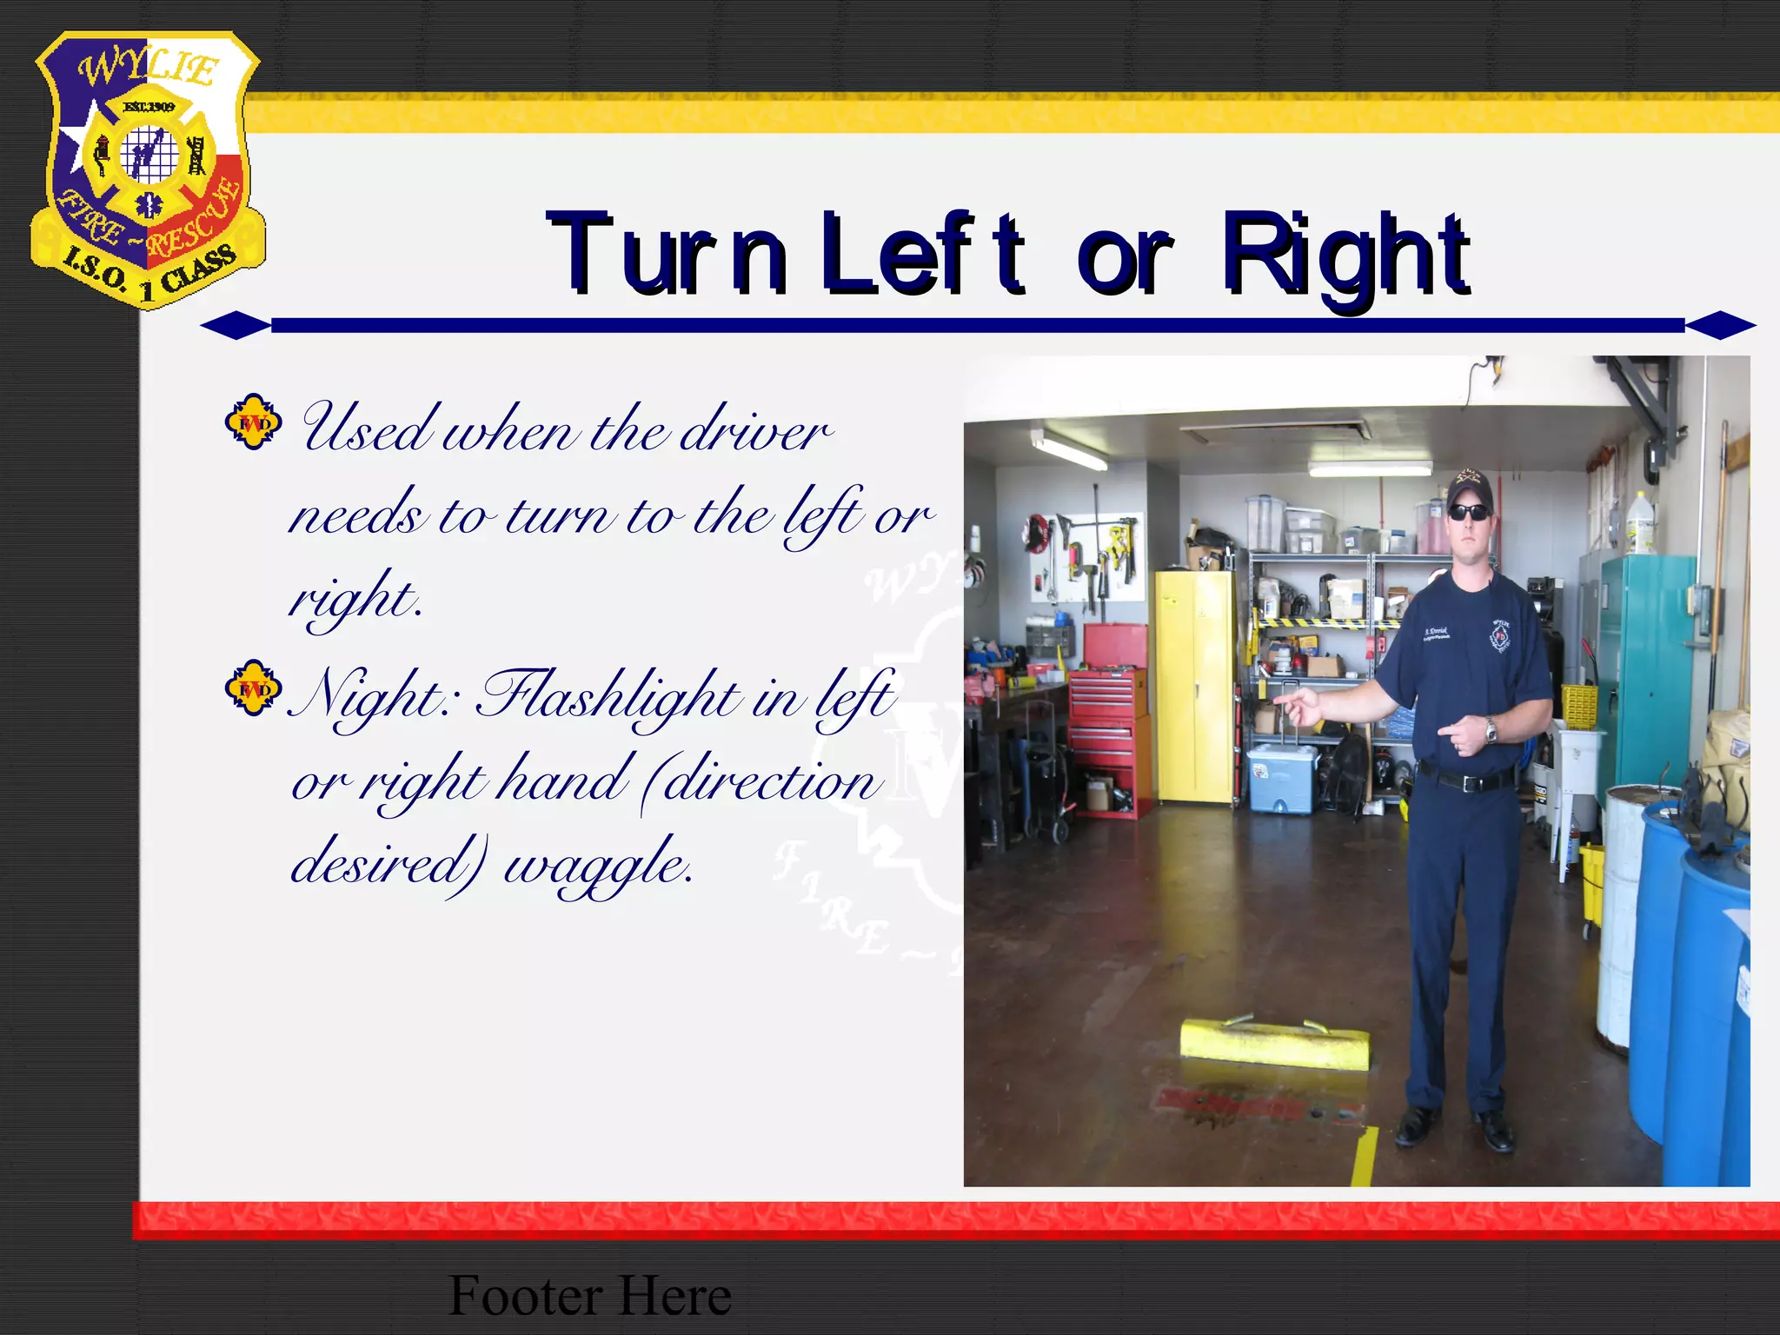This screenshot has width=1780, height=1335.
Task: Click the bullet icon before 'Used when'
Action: [x=253, y=422]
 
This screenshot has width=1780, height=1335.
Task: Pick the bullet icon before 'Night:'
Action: [x=253, y=688]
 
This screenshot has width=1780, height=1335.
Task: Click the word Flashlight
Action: [x=608, y=695]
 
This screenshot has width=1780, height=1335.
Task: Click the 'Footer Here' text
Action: [x=589, y=1295]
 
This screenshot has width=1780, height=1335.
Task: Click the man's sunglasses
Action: [x=1469, y=512]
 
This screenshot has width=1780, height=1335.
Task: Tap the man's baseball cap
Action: [x=1469, y=488]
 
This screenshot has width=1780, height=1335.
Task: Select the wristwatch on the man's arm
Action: [x=1491, y=730]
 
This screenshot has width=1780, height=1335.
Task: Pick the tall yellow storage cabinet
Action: [x=1195, y=687]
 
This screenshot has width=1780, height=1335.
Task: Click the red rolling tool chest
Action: [x=1108, y=721]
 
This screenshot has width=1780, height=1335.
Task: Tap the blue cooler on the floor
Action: [x=1281, y=778]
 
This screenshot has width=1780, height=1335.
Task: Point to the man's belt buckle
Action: [x=1469, y=782]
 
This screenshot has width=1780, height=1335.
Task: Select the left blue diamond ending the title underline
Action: [x=236, y=326]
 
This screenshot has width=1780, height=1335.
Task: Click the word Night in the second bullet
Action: [x=369, y=695]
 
